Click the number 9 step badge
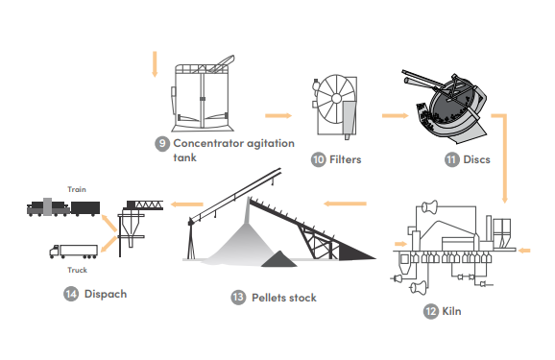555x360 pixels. (162, 144)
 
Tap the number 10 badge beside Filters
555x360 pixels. (318, 159)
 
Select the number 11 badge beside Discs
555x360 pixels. (451, 159)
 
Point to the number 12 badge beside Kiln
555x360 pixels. (431, 311)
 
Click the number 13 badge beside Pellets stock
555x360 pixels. (238, 298)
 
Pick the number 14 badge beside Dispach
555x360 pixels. (71, 294)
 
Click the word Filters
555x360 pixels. (345, 159)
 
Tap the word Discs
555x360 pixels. (477, 159)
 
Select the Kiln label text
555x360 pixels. (451, 311)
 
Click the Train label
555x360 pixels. (77, 189)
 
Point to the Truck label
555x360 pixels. (77, 270)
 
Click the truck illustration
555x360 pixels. (74, 252)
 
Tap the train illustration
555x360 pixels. (63, 207)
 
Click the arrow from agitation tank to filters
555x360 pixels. (278, 116)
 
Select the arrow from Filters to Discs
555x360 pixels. (395, 116)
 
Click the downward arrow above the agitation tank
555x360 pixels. (155, 64)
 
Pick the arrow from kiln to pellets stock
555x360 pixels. (345, 204)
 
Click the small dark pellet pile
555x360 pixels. (278, 259)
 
